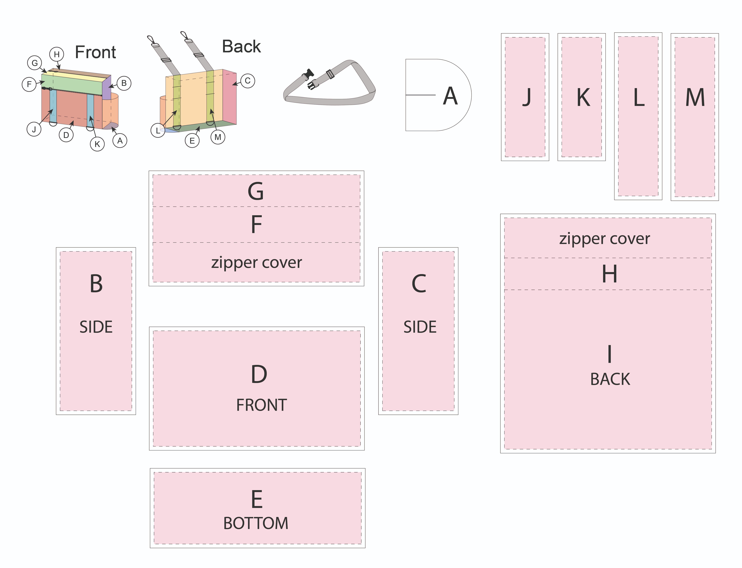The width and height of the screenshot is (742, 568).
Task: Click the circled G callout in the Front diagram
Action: tap(34, 63)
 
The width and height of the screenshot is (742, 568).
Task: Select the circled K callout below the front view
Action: tap(97, 144)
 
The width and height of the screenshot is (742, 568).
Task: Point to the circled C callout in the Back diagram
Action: tap(248, 81)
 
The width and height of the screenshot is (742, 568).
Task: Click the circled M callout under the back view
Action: tap(218, 137)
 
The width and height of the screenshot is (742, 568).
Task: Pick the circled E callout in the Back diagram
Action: tap(192, 141)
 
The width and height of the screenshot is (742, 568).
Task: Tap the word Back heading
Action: tap(241, 47)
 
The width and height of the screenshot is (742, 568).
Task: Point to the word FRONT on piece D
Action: tap(261, 405)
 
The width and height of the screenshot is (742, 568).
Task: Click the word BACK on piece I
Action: tap(610, 379)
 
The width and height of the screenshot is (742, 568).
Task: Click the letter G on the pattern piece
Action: tap(256, 191)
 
